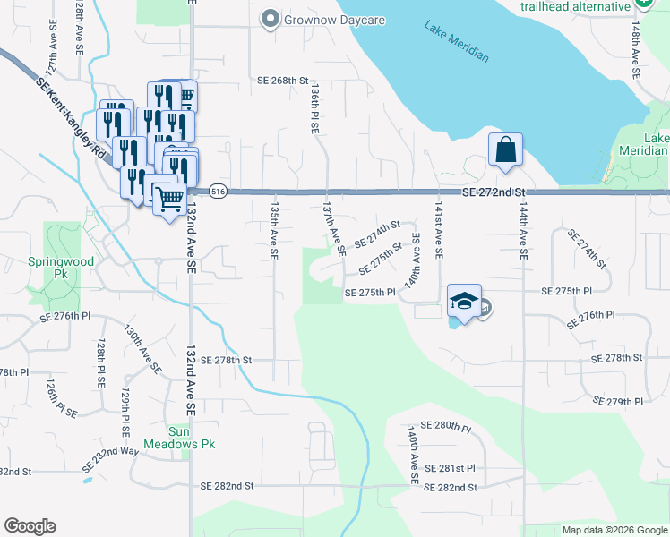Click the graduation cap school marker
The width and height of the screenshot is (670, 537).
465,302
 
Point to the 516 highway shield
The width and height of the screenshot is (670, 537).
217,192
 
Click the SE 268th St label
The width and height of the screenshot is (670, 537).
283,81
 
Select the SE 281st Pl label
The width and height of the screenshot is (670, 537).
450,468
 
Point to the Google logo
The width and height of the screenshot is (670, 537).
30,526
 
